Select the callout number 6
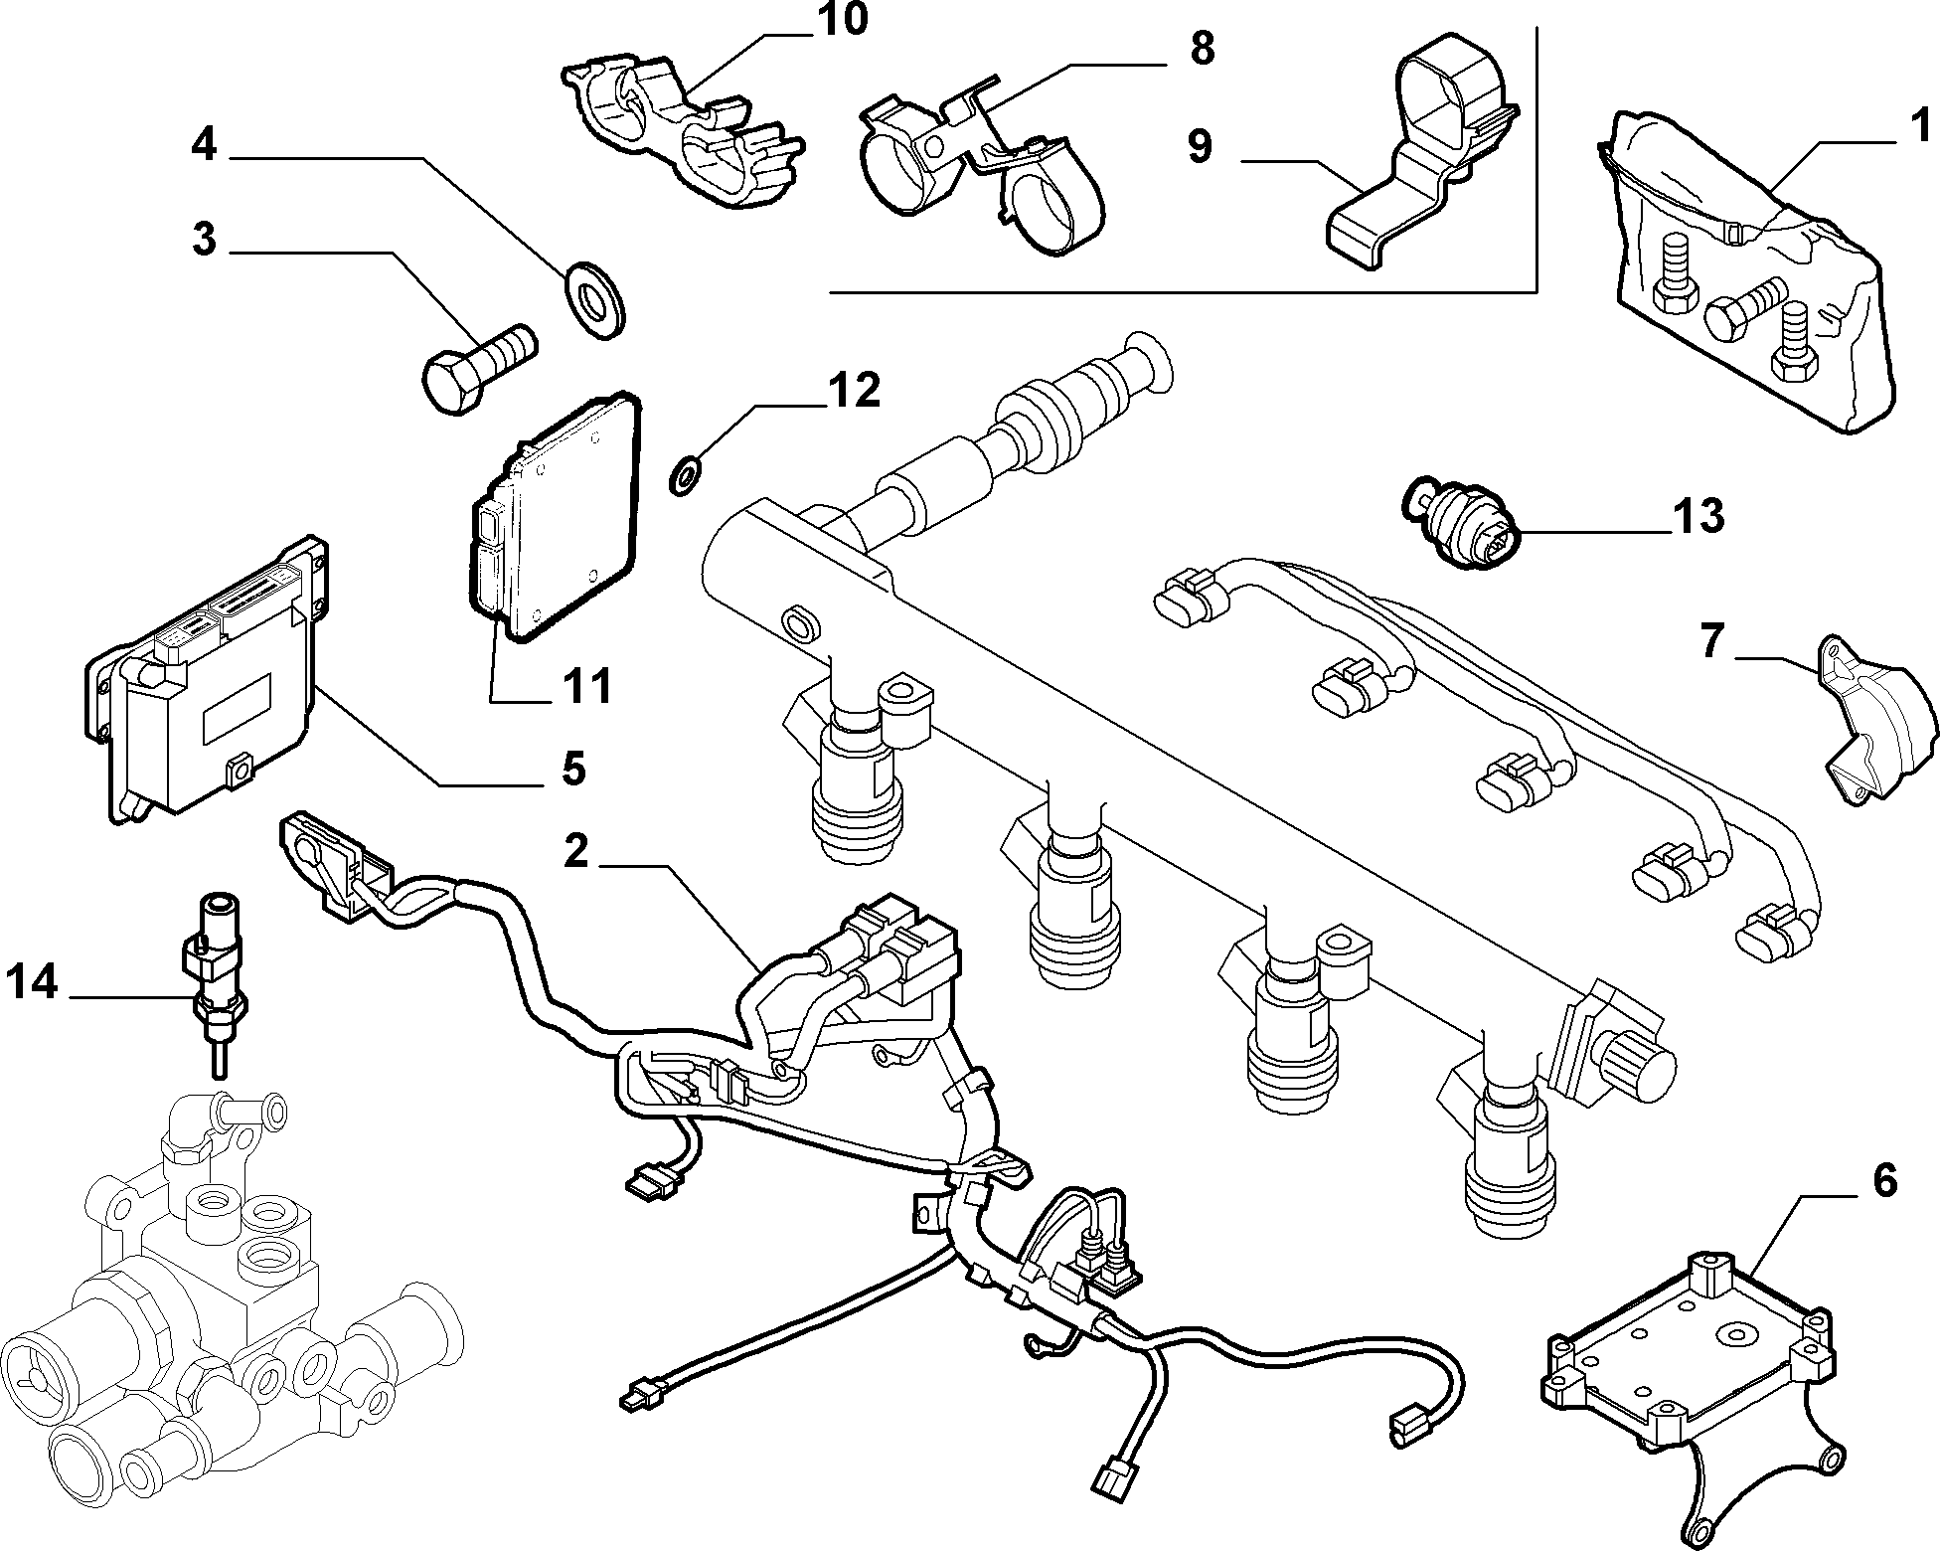[x=1884, y=1180]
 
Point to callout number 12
[x=855, y=391]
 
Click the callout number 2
[x=575, y=853]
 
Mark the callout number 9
[x=1200, y=146]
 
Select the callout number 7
[x=1710, y=640]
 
